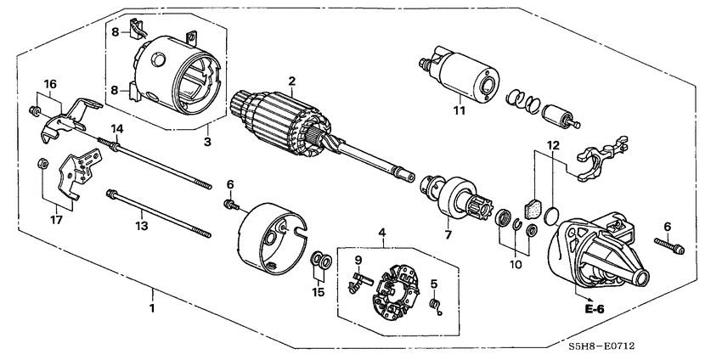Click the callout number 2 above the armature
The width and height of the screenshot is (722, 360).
[291, 81]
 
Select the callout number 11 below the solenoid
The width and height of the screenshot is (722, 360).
[459, 110]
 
